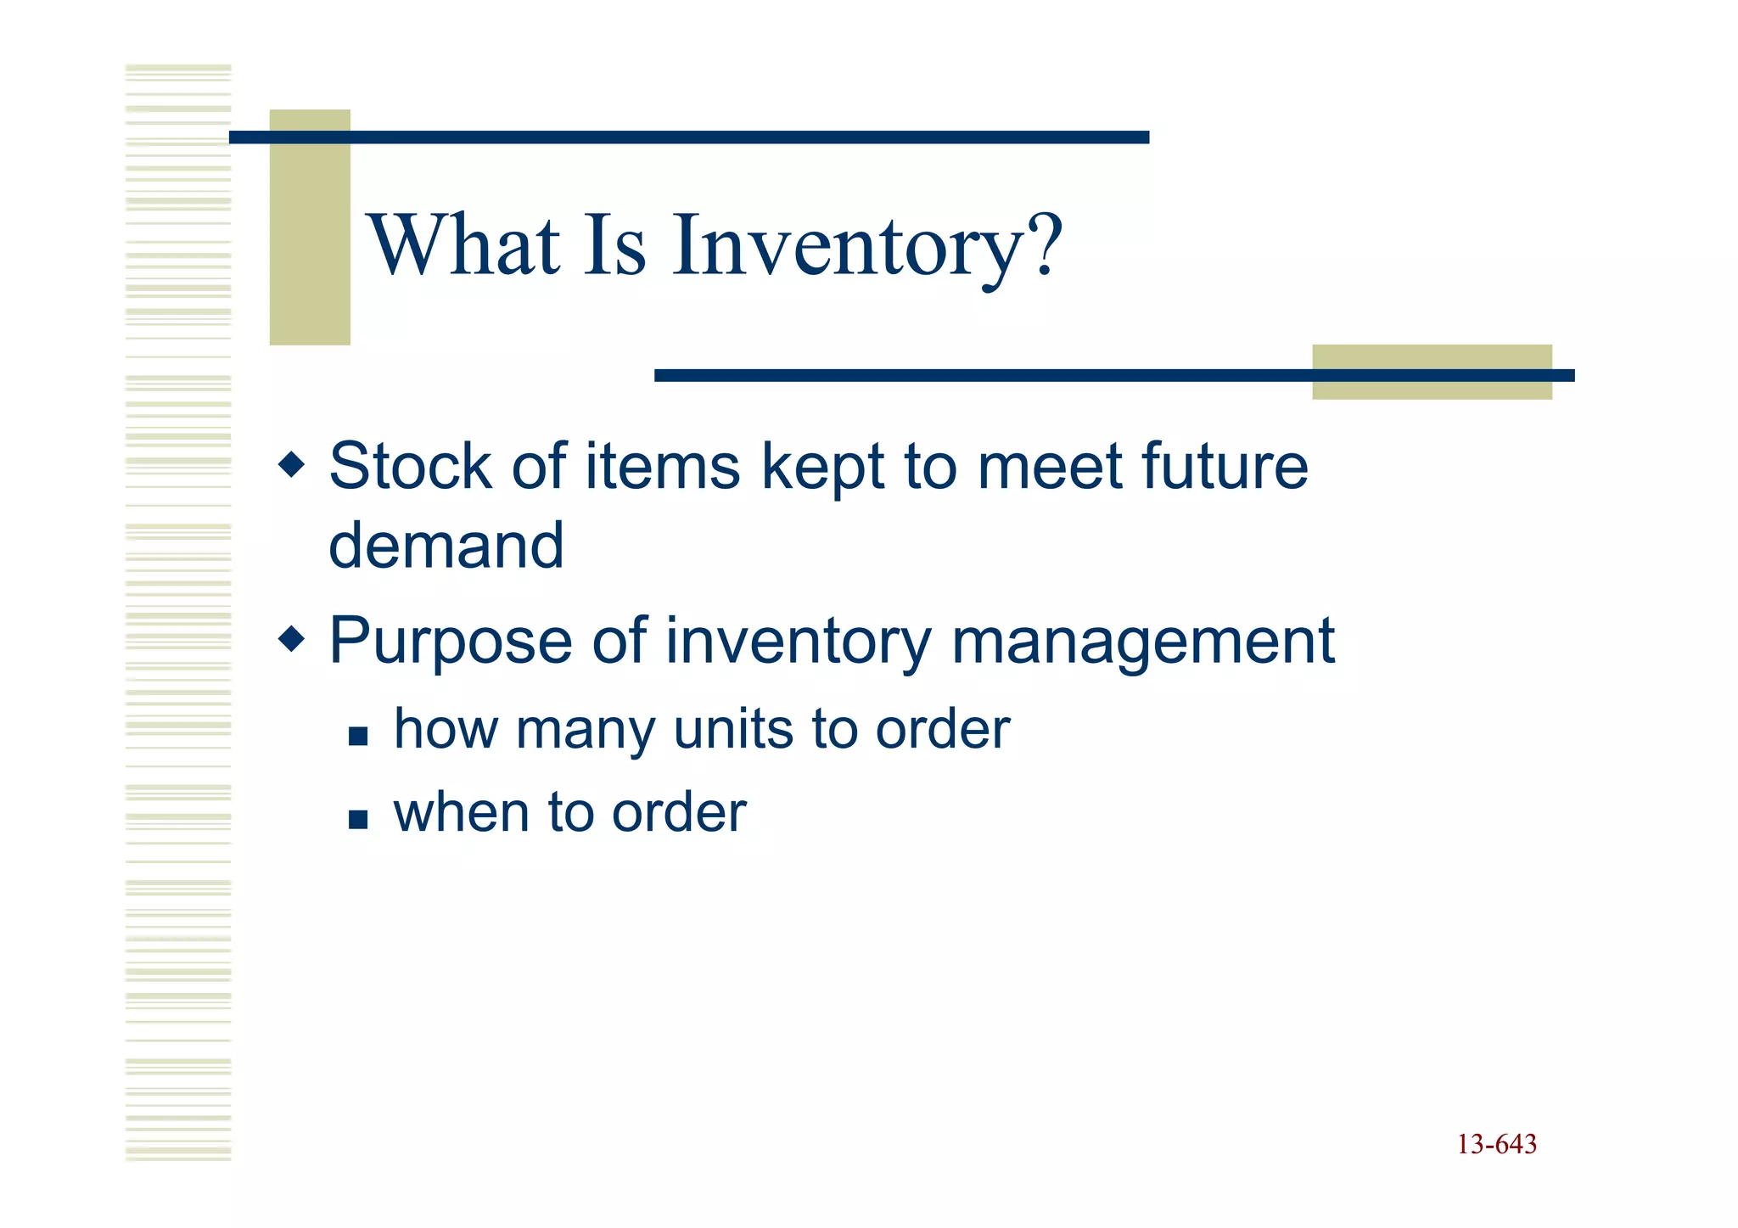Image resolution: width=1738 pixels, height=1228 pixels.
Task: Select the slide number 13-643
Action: (x=1496, y=1145)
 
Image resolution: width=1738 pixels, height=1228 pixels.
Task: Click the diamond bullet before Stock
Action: (x=291, y=464)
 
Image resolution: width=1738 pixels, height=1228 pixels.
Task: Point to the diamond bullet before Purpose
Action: (x=291, y=638)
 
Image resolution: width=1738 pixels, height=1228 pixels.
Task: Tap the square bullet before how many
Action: (x=358, y=736)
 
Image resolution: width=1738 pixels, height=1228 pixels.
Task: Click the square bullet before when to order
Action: (x=358, y=819)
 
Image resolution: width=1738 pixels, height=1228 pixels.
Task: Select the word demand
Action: (x=446, y=546)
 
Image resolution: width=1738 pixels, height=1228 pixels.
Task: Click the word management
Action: (x=1142, y=641)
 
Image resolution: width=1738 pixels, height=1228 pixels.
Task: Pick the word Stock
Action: (x=410, y=467)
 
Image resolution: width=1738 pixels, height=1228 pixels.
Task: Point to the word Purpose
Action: (x=451, y=642)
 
